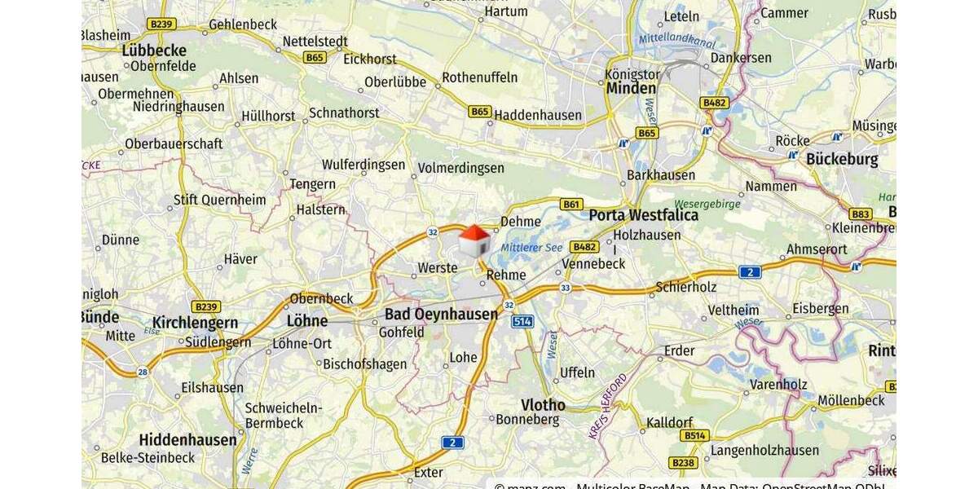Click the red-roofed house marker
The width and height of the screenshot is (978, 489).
click(x=474, y=241)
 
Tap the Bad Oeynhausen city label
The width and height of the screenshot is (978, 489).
click(x=441, y=315)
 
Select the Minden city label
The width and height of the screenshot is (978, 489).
click(x=631, y=88)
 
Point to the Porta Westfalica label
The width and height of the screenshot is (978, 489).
click(x=644, y=215)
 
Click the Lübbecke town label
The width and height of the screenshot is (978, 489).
click(x=154, y=50)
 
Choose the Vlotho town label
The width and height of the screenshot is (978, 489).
click(x=543, y=405)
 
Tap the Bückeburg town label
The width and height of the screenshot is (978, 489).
click(x=842, y=159)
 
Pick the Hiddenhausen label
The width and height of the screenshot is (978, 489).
click(x=187, y=440)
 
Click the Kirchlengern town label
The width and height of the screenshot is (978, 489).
click(x=195, y=323)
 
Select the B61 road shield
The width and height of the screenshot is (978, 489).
click(x=572, y=205)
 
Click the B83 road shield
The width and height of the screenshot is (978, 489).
click(x=860, y=214)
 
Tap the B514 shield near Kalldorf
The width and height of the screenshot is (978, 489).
click(x=695, y=436)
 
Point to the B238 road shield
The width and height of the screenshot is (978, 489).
click(x=683, y=463)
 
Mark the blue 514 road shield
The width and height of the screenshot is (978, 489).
click(x=522, y=322)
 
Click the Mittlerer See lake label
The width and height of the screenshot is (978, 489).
click(x=531, y=248)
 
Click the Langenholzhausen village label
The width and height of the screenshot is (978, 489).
click(x=764, y=450)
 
